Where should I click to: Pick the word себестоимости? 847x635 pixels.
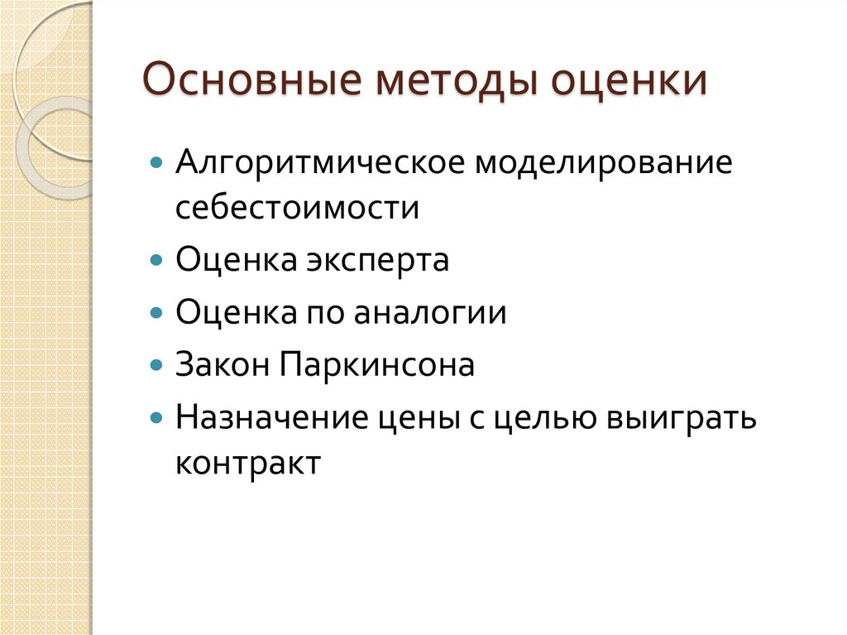[297, 207]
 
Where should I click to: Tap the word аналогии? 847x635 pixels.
[430, 314]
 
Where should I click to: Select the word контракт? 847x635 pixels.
[247, 464]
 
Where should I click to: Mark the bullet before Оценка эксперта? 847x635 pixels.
[156, 260]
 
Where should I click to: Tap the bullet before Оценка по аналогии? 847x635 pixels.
[156, 312]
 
